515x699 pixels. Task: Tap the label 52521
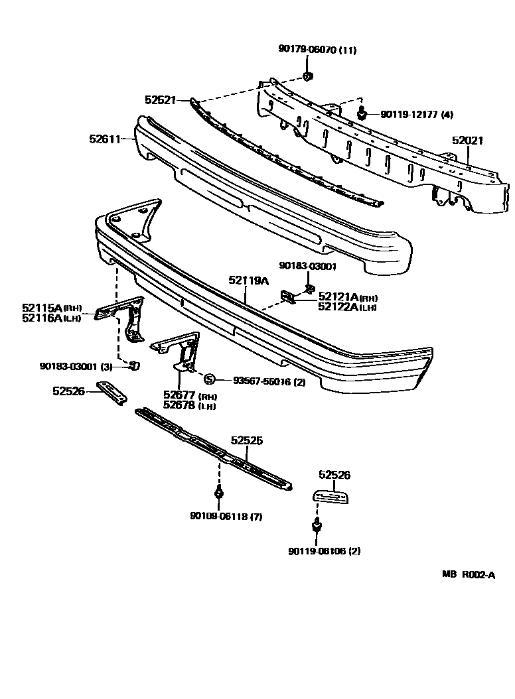tap(160, 100)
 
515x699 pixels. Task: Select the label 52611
tap(105, 139)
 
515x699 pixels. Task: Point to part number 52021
tap(468, 141)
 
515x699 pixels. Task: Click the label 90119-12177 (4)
tap(417, 115)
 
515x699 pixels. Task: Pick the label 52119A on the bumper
tap(249, 281)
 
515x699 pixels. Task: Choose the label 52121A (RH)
tap(348, 296)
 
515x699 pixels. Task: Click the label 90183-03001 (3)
tap(76, 365)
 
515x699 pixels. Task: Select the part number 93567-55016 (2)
tap(269, 381)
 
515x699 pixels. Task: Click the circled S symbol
tap(209, 379)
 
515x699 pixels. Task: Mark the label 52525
tap(248, 440)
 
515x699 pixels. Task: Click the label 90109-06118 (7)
tap(226, 517)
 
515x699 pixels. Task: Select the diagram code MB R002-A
tap(469, 575)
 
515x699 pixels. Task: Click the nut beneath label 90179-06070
tap(309, 77)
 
